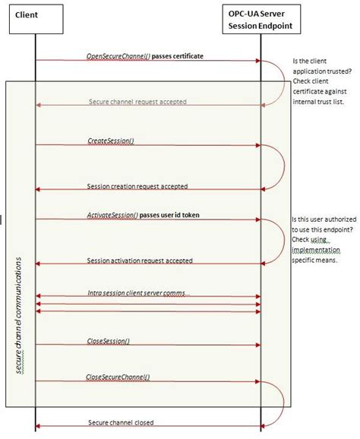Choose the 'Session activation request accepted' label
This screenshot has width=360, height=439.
click(x=140, y=260)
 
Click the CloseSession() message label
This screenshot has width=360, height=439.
click(x=108, y=341)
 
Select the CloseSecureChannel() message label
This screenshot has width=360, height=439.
click(x=118, y=377)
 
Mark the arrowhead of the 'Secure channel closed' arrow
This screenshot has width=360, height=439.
click(x=38, y=428)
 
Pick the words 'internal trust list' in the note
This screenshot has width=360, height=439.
click(x=319, y=103)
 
